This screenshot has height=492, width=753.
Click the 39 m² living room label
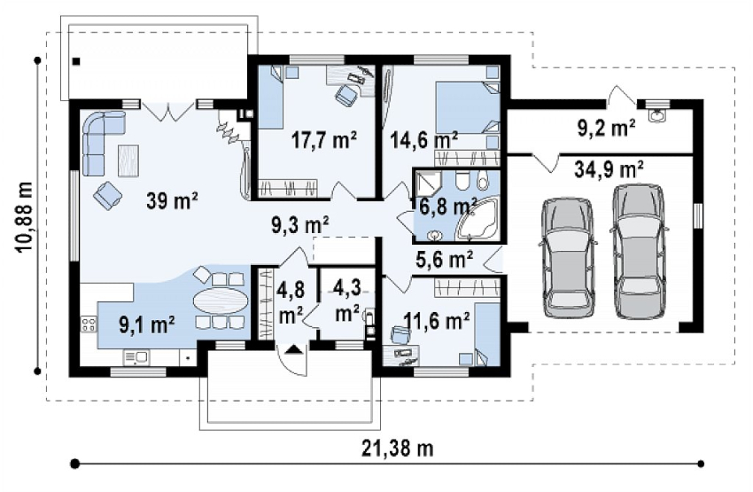point(172,200)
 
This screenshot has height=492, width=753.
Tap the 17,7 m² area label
point(324,140)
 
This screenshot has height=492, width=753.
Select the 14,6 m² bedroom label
point(423,140)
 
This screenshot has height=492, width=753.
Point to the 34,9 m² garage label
point(609,169)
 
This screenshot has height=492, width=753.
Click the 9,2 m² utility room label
point(606,128)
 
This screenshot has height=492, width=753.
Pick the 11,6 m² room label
point(437,320)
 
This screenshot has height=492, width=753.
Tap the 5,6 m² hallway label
point(444,260)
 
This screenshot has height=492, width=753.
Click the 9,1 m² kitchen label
point(146,325)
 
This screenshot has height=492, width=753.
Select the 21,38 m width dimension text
point(398,449)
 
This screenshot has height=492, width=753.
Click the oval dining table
point(221,301)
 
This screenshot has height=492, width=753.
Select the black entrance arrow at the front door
point(292,349)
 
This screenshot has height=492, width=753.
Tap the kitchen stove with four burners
point(89,324)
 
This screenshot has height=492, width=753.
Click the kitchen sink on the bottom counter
point(136,357)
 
